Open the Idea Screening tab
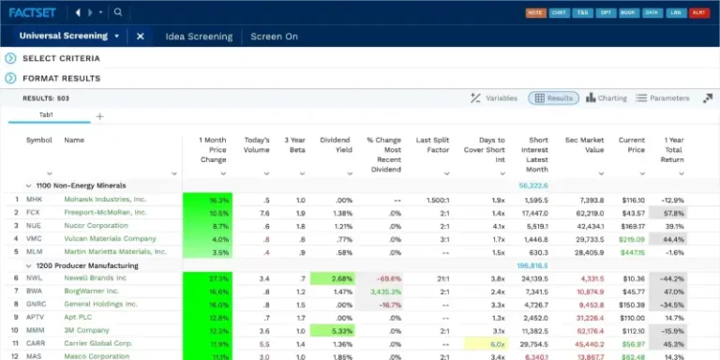[199, 37]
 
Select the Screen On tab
[274, 37]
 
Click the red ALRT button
[698, 13]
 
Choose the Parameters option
[663, 98]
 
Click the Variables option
[494, 98]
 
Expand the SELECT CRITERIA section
[61, 58]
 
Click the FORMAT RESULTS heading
[61, 79]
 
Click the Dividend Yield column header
[335, 145]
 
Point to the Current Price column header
[631, 145]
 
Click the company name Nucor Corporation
[96, 226]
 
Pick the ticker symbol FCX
[33, 213]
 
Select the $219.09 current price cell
[630, 239]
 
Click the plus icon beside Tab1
[99, 117]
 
